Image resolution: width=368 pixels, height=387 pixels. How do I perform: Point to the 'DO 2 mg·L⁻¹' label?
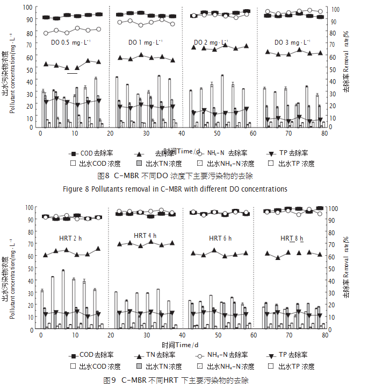tap(211, 43)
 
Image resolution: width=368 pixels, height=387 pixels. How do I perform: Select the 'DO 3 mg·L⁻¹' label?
tap(292, 43)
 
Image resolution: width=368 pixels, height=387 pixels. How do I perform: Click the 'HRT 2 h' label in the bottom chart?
tap(70, 238)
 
